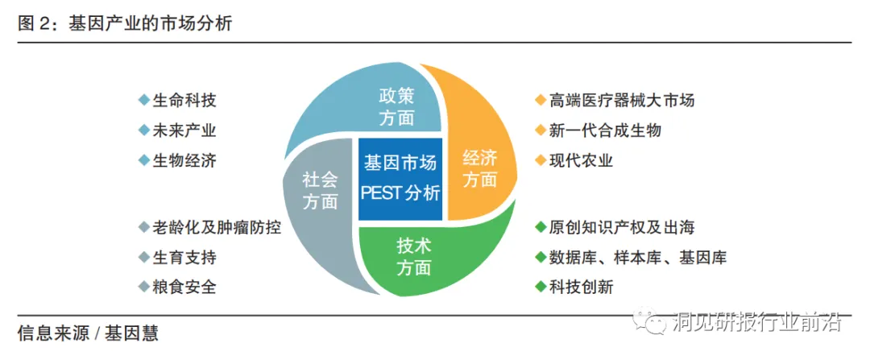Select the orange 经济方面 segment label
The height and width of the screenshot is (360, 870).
point(480,168)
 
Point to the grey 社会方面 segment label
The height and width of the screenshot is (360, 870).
point(320,190)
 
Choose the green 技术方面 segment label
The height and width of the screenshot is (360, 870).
point(413,257)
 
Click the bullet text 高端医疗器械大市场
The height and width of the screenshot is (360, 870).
point(621,101)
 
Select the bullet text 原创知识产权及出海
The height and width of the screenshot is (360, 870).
point(621,227)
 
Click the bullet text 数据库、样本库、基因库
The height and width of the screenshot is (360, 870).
point(637,257)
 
